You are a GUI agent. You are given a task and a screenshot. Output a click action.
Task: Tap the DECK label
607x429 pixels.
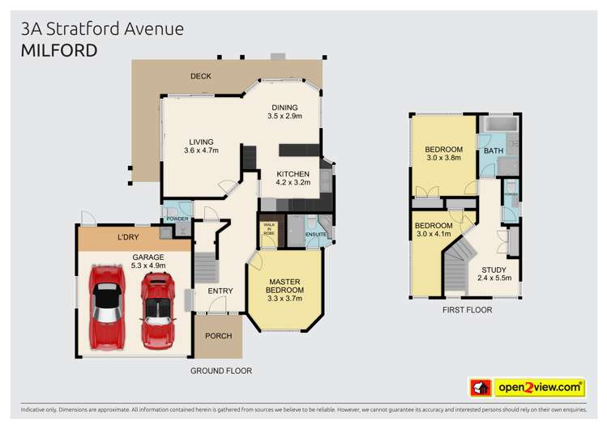pyautogui.click(x=200, y=76)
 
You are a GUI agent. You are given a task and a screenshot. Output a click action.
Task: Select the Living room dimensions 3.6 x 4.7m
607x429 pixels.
pyautogui.click(x=201, y=151)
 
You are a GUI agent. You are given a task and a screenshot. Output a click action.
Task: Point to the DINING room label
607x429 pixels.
pyautogui.click(x=284, y=107)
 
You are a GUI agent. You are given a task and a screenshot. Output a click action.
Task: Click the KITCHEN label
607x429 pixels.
pyautogui.click(x=293, y=174)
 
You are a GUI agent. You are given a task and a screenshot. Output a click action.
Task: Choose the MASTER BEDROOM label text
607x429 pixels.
pyautogui.click(x=285, y=286)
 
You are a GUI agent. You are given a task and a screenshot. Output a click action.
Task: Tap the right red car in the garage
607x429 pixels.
pyautogui.click(x=158, y=308)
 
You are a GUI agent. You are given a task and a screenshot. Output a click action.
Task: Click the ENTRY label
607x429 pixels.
pyautogui.click(x=220, y=291)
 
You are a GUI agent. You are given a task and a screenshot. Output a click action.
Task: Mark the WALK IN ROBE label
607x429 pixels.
pyautogui.click(x=268, y=231)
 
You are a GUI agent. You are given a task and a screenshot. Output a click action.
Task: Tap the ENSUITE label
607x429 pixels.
pyautogui.click(x=315, y=235)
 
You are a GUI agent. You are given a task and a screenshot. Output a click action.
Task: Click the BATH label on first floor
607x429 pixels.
pyautogui.click(x=493, y=151)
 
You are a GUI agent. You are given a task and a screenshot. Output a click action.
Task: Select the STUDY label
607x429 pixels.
pyautogui.click(x=493, y=270)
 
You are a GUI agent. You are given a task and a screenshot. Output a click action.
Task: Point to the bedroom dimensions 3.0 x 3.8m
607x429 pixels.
pyautogui.click(x=443, y=158)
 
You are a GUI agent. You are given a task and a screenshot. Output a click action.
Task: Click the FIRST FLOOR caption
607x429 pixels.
pyautogui.click(x=467, y=310)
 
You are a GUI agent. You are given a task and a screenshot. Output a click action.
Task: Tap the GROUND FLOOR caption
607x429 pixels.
pyautogui.click(x=220, y=371)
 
